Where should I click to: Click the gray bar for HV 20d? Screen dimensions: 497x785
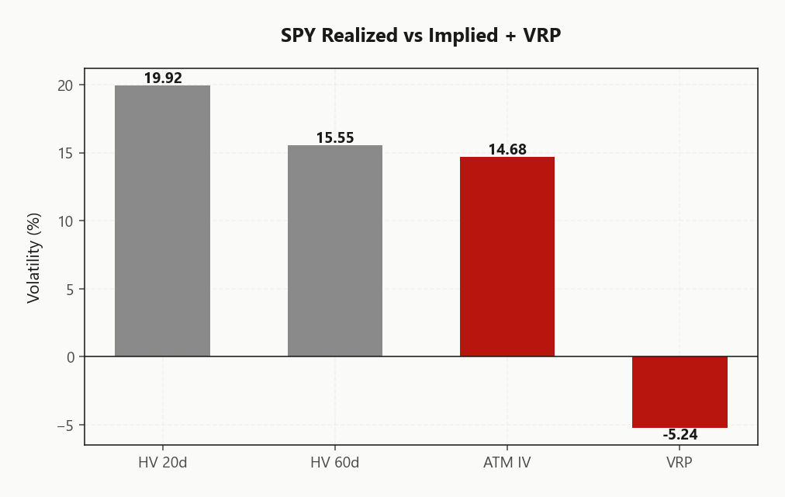(162, 221)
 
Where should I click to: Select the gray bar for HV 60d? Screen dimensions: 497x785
(335, 250)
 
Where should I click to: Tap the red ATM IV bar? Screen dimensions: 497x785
(507, 256)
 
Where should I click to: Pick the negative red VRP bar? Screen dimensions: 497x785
(680, 392)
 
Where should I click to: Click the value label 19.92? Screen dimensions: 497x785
(163, 78)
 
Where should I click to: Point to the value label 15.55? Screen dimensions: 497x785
(335, 137)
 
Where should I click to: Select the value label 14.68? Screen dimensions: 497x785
(507, 149)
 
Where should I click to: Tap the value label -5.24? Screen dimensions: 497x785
(680, 435)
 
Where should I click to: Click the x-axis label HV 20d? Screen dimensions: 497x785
(162, 463)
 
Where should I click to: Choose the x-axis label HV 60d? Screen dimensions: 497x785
(335, 463)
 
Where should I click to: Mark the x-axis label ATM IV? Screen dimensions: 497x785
(507, 463)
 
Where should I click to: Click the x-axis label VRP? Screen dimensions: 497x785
(680, 463)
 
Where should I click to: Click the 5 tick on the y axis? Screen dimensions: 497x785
(69, 289)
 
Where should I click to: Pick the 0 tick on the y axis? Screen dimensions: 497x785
(69, 357)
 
